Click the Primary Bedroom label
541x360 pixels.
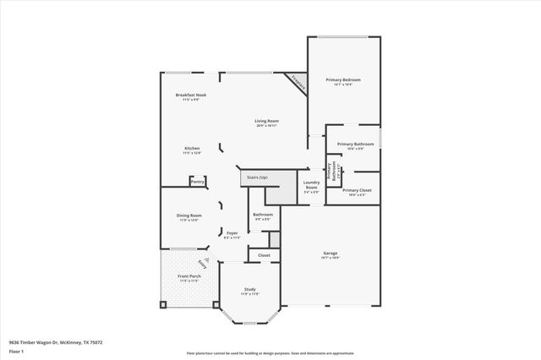pos(343,80)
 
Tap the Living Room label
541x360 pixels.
pos(267,121)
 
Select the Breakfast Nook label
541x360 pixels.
pos(191,95)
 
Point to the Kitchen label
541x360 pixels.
pos(193,149)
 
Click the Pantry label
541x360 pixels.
pos(197,182)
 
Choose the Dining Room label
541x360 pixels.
pos(189,215)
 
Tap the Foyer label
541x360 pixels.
pos(232,233)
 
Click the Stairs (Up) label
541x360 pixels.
pos(257,177)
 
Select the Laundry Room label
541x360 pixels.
pos(312,185)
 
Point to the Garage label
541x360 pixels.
pos(330,254)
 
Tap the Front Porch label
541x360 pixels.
pos(189,277)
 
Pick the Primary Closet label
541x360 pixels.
pos(356,190)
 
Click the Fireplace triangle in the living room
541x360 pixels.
pos(296,81)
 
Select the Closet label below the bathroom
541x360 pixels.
pos(264,254)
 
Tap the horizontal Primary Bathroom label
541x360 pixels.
pos(356,145)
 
